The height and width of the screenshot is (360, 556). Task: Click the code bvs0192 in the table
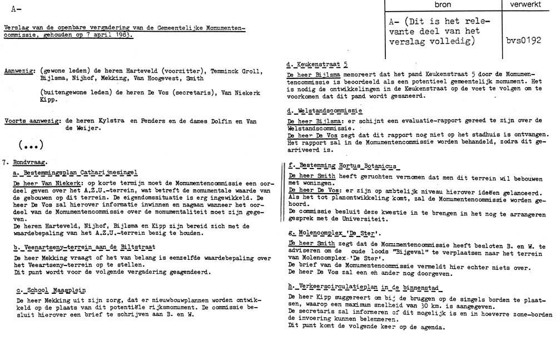[x=523, y=41]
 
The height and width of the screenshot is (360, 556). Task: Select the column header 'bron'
[x=442, y=4]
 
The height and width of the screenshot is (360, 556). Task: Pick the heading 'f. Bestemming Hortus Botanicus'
[x=343, y=166]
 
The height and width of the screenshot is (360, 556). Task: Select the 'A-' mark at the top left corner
[x=16, y=8]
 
